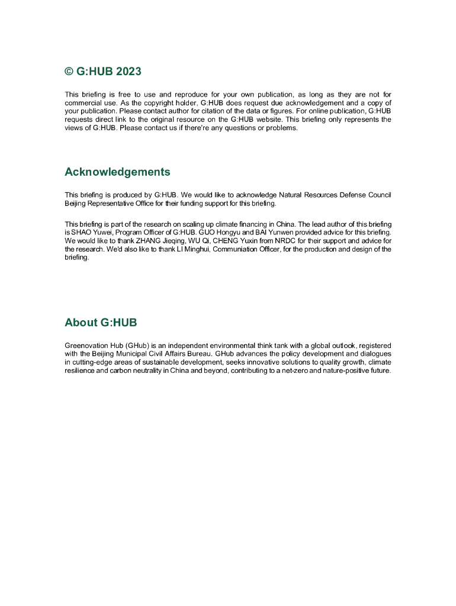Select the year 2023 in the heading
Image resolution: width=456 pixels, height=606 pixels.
point(129,72)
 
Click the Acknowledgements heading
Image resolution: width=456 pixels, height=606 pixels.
point(117,172)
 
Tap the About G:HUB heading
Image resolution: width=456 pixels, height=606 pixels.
point(101,322)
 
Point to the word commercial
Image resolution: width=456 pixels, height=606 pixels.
point(82,102)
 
